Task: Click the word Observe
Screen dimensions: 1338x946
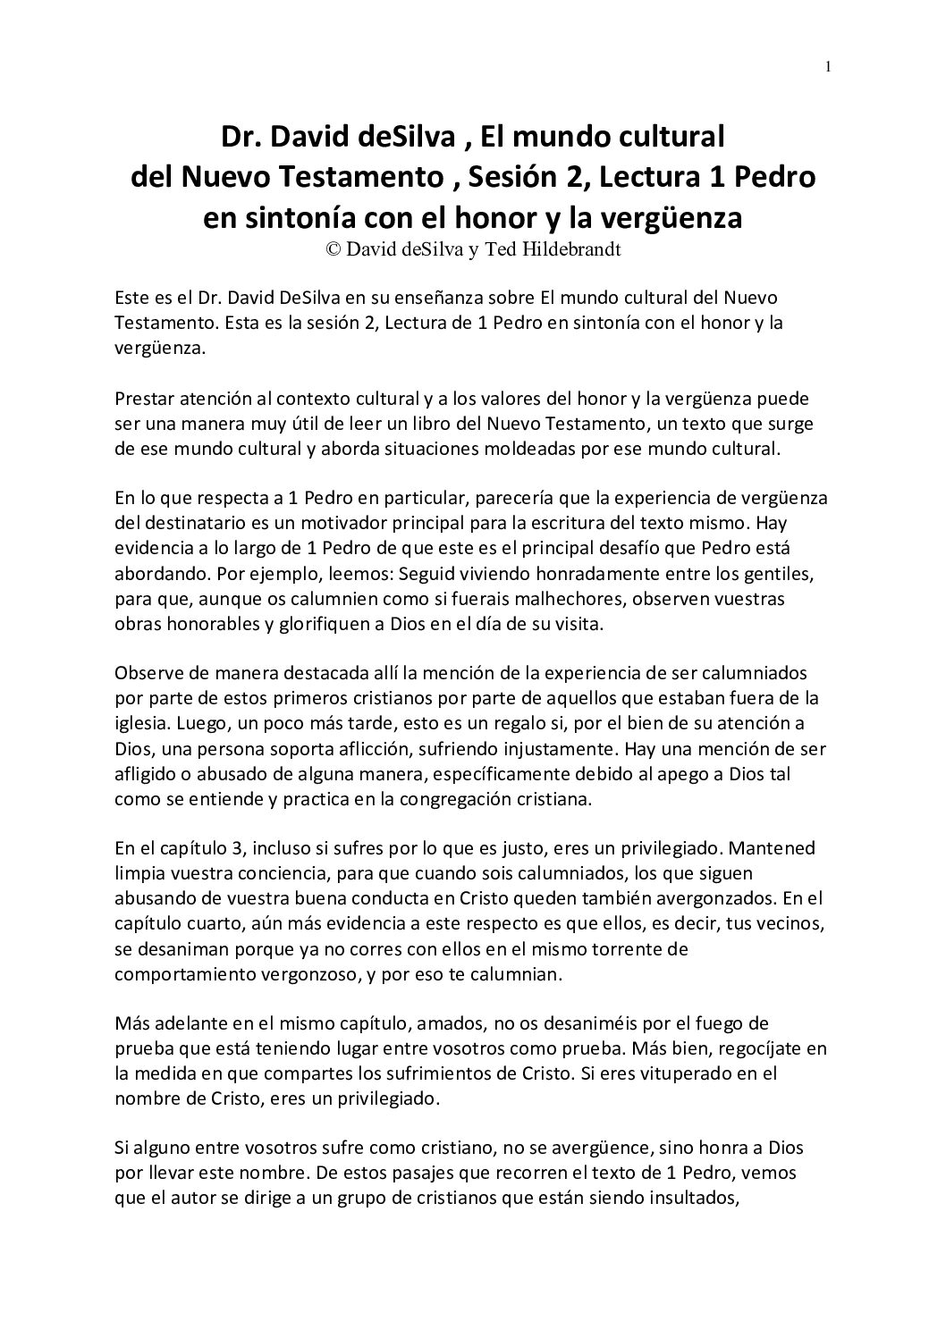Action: [148, 672]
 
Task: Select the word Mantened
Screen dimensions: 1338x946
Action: [771, 848]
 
